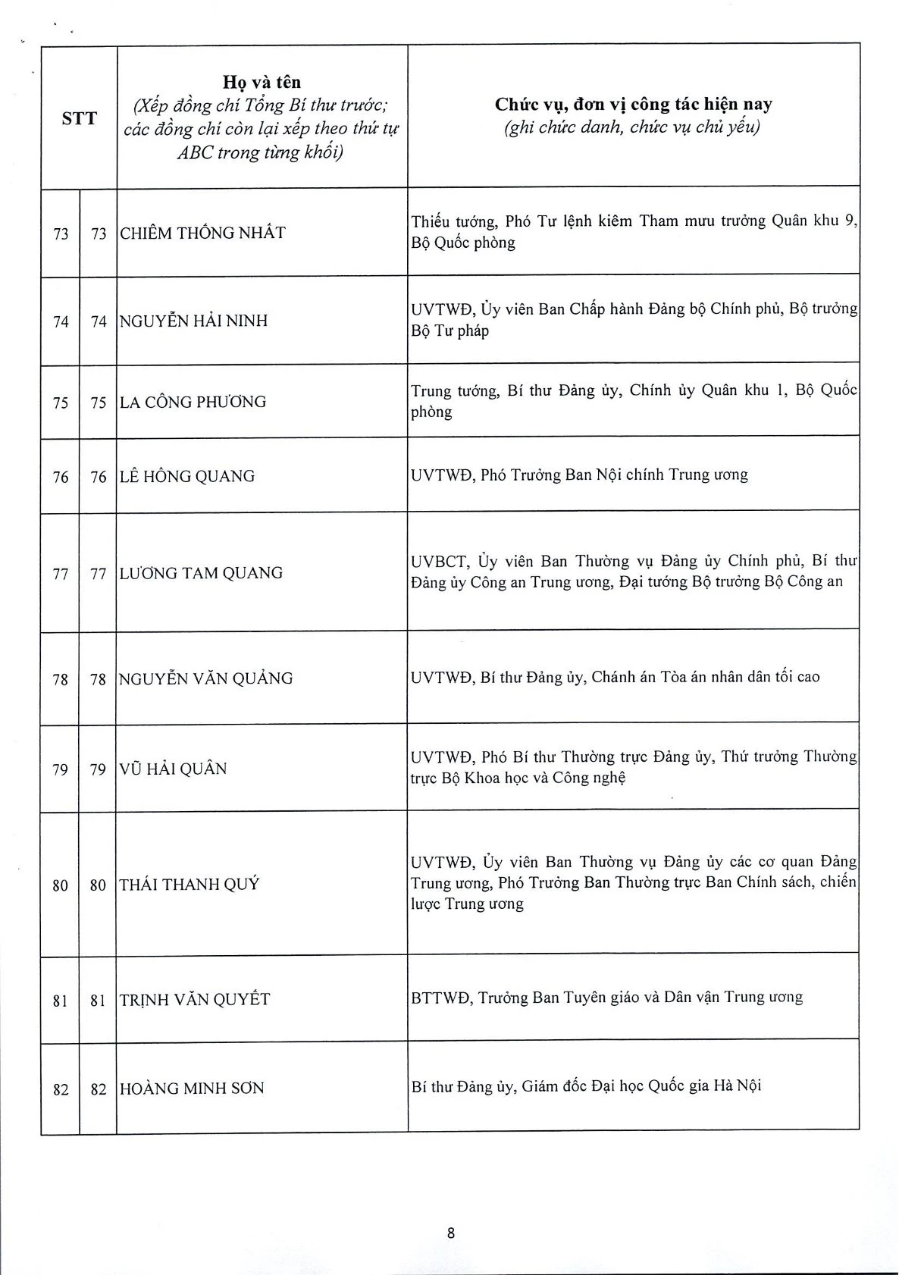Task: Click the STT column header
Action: (80, 118)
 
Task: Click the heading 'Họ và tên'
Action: (262, 82)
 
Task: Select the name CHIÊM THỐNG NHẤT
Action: (202, 233)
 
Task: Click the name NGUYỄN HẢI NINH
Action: (194, 321)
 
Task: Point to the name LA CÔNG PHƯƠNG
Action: (193, 402)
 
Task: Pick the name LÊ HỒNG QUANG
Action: (187, 476)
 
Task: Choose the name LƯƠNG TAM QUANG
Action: (201, 573)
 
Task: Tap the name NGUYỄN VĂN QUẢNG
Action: (206, 678)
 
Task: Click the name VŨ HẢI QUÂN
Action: (174, 769)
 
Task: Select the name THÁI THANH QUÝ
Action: (190, 884)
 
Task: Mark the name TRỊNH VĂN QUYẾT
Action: (195, 999)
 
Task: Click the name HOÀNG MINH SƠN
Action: (192, 1089)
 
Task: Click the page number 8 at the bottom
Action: (451, 1233)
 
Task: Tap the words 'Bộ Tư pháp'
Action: (450, 331)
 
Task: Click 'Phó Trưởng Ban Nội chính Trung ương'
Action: (614, 475)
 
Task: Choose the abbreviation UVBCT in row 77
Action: (440, 562)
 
